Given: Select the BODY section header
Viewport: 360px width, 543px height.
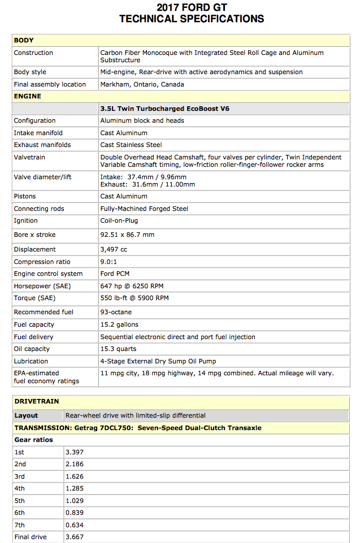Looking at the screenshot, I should [24, 40].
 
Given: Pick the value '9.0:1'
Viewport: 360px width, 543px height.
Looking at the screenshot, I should [110, 262].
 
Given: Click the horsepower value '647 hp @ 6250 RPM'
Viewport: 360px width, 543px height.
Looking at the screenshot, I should [132, 286].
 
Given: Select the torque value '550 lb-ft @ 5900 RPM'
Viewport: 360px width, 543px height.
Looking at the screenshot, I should [135, 298].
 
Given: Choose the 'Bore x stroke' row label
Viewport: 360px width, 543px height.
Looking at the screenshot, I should [35, 234].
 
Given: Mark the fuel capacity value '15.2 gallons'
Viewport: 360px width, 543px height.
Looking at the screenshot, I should [119, 324].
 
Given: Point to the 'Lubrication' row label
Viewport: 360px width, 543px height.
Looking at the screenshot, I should [31, 361].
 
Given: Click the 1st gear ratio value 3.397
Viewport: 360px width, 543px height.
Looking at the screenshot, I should [75, 452].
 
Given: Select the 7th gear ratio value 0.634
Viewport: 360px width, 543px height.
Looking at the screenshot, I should [75, 525].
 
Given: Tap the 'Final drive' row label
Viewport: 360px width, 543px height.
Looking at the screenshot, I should [31, 537].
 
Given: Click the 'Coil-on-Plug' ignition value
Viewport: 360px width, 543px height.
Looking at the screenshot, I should [119, 220].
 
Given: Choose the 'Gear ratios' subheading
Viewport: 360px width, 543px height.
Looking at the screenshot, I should [33, 440].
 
